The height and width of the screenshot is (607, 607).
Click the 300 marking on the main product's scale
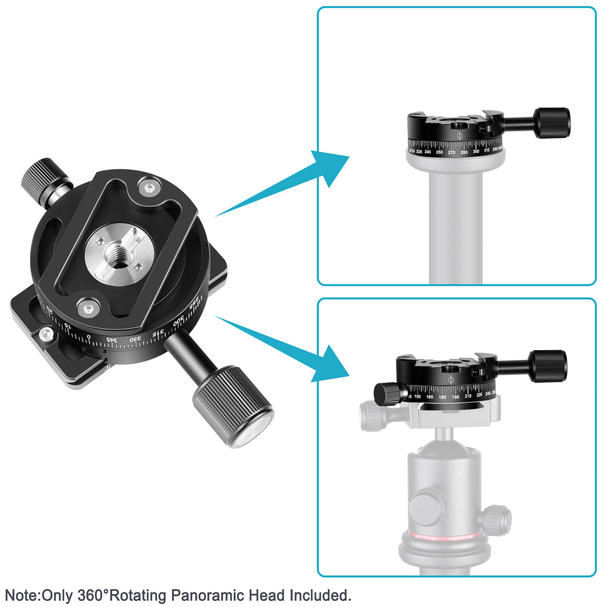click(179, 323)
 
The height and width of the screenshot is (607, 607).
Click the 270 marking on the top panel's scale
click(451, 152)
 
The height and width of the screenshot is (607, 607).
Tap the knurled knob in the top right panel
click(554, 123)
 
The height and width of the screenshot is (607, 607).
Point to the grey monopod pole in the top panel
click(455, 228)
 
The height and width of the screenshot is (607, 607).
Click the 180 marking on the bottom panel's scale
click(443, 397)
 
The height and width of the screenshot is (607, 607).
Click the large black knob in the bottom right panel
click(548, 366)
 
